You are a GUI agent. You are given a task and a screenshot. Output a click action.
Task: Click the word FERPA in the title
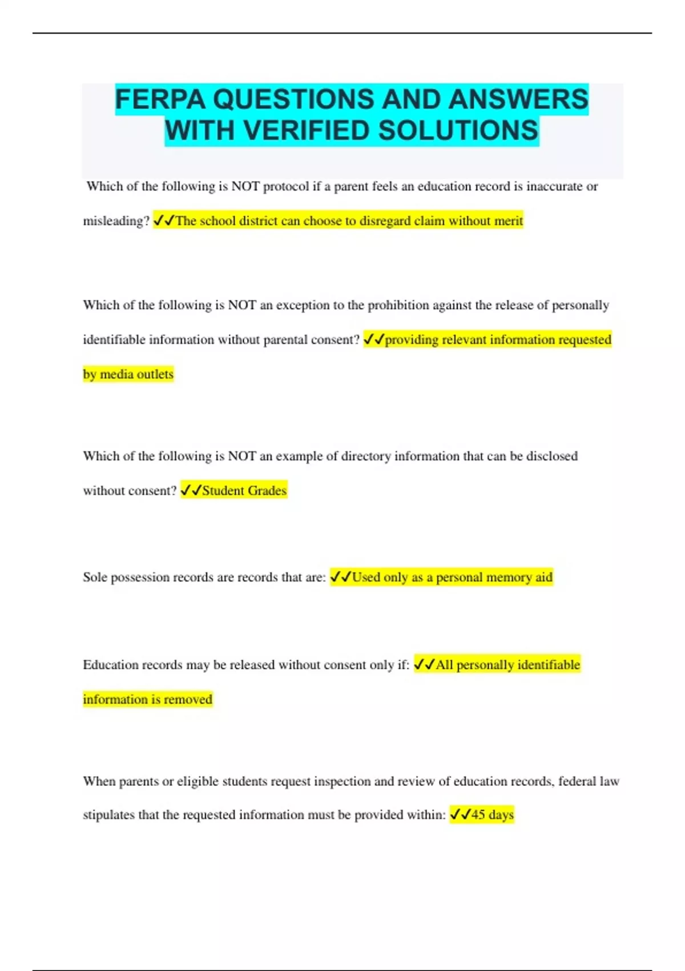(160, 99)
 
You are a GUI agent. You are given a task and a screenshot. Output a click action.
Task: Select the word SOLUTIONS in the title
(458, 131)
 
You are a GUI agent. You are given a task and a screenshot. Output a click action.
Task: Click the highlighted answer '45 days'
(492, 814)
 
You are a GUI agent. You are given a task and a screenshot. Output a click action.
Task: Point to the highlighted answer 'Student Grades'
(244, 491)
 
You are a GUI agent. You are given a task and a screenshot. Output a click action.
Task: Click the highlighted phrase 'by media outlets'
(128, 374)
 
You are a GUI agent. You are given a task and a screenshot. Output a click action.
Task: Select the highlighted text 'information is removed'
(148, 699)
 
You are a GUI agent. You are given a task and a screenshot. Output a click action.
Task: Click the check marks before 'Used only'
(341, 577)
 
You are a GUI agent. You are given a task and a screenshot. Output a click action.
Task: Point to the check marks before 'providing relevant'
(374, 340)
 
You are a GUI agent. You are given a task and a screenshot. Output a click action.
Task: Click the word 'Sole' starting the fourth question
(95, 577)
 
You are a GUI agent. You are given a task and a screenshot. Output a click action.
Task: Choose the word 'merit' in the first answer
(508, 221)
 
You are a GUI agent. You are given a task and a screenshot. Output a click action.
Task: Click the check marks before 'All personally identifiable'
(424, 665)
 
